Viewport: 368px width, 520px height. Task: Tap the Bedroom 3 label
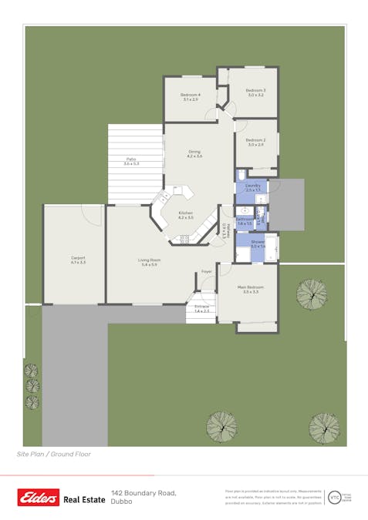[x=255, y=91]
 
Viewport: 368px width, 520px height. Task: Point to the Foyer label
[x=207, y=271]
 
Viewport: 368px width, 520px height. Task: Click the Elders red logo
[x=39, y=498]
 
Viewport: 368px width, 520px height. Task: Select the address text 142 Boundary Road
[x=143, y=492]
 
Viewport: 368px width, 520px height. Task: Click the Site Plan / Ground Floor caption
[x=54, y=454]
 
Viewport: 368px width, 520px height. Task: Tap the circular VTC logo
[x=334, y=497]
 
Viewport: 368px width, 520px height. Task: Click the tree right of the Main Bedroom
[x=312, y=294]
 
